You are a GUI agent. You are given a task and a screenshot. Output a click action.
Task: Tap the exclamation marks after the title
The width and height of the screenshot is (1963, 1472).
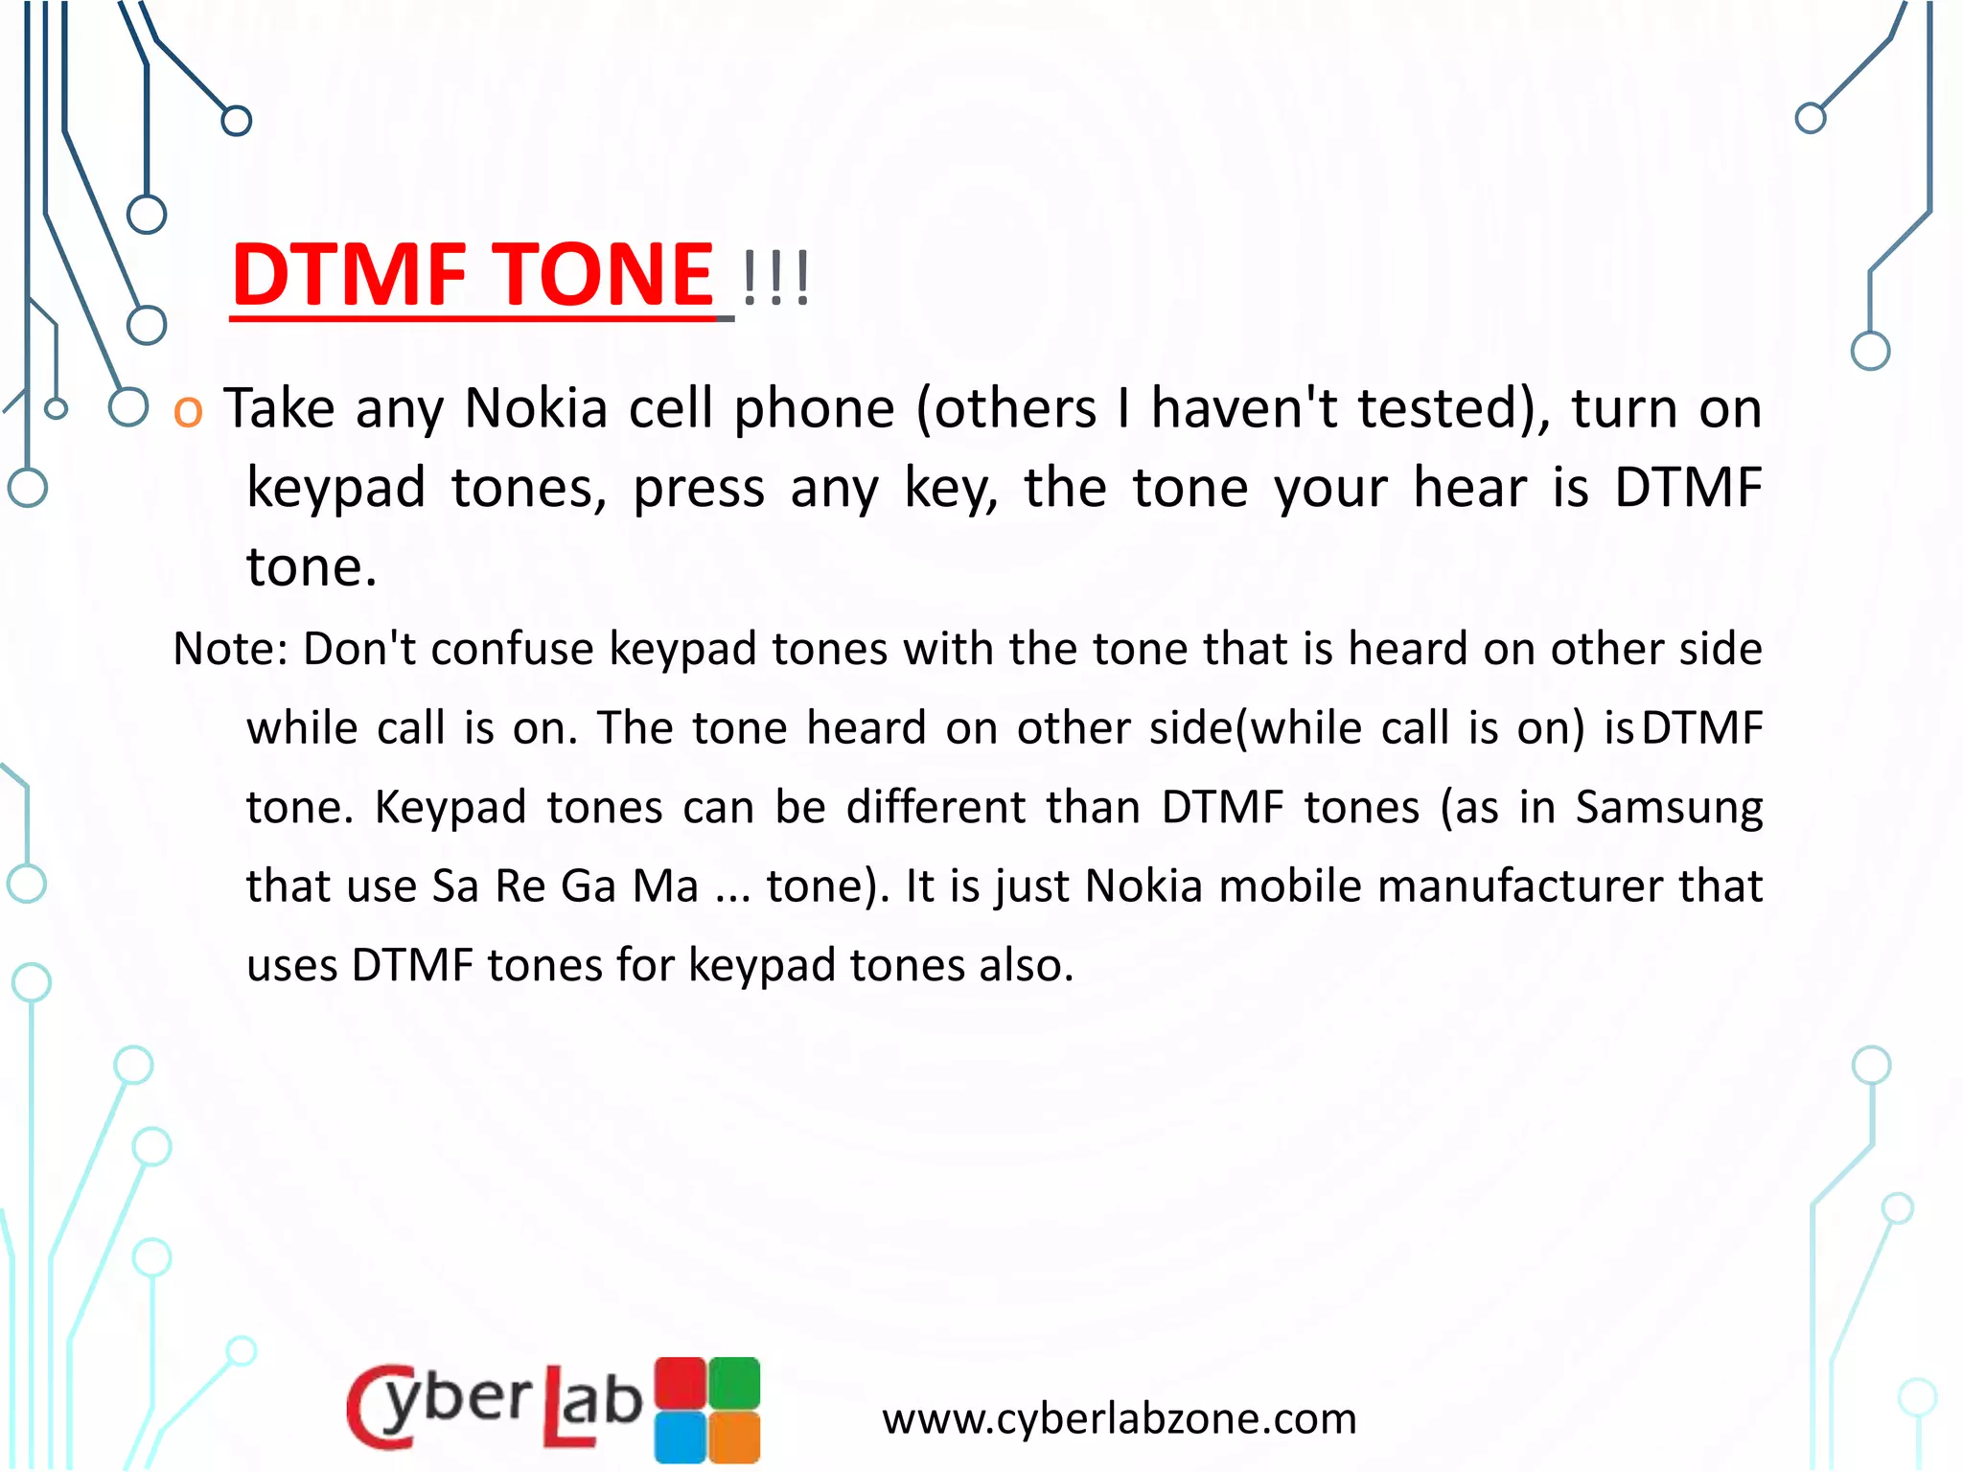(775, 279)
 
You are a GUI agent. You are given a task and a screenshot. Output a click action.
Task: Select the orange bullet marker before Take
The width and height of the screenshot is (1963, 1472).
(188, 411)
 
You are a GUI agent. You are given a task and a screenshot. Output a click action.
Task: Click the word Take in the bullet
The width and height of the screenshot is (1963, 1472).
(279, 409)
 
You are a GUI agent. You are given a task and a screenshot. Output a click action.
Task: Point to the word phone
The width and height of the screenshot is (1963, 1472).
(814, 409)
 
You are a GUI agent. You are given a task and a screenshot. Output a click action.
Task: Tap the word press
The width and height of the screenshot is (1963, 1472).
(699, 489)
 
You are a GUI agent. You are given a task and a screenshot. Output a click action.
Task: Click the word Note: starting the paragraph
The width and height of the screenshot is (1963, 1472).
(230, 650)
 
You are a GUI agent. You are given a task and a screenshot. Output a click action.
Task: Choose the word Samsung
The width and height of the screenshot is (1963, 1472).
(1669, 808)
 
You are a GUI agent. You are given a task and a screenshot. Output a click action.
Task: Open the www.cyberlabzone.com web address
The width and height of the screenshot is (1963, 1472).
(1120, 1419)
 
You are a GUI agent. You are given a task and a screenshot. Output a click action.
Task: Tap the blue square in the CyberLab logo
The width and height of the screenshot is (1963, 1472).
(681, 1437)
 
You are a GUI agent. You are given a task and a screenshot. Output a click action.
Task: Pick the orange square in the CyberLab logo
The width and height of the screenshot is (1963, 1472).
(735, 1437)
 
